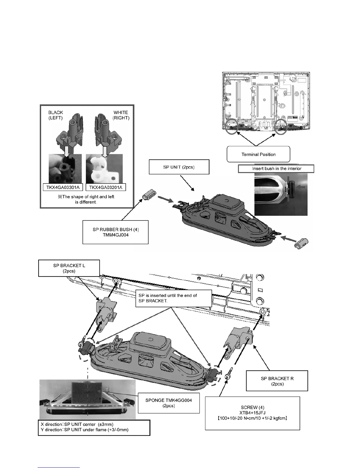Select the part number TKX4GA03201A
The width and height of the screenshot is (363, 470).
106,187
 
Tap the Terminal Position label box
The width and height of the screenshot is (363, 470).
258,154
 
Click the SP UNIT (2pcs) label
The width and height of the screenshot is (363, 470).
179,167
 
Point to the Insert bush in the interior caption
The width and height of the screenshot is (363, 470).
276,169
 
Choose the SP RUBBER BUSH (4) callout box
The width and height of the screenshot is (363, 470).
115,232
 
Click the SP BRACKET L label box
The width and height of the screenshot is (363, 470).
69,268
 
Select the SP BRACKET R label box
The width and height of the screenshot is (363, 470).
277,381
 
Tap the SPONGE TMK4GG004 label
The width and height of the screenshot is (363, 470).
168,403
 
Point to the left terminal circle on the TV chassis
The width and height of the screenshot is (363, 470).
231,127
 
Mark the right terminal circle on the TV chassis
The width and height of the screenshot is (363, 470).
281,127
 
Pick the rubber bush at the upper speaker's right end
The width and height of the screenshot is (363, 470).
302,243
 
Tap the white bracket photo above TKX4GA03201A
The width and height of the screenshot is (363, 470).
104,169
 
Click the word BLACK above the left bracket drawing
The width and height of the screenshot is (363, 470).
55,112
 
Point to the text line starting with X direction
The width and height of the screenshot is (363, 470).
77,424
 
